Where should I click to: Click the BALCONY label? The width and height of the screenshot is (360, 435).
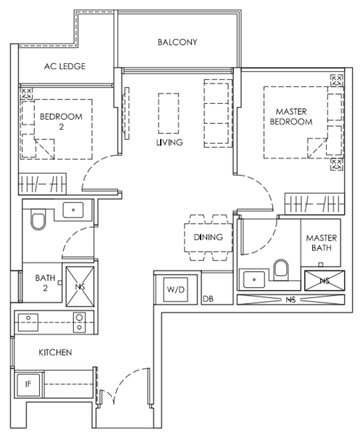click(177, 42)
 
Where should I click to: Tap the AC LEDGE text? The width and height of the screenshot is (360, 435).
click(65, 66)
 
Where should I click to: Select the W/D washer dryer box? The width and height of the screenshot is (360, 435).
click(176, 289)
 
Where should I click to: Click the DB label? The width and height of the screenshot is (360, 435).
click(208, 299)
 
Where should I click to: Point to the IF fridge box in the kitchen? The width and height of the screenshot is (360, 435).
click(28, 384)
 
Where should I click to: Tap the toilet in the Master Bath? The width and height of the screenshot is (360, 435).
click(281, 268)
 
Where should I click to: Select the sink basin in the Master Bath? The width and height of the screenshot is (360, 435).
click(254, 279)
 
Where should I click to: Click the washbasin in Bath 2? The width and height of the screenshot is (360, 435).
click(73, 210)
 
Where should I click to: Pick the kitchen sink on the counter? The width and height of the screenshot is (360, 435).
click(28, 323)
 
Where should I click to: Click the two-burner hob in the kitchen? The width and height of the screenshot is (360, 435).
click(79, 322)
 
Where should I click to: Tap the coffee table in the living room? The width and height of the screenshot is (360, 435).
click(169, 114)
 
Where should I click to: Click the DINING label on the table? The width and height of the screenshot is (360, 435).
click(208, 237)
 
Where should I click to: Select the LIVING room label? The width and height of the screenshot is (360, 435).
click(169, 142)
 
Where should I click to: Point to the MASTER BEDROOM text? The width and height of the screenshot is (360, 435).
click(291, 117)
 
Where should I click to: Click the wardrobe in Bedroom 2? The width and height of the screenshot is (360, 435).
click(43, 184)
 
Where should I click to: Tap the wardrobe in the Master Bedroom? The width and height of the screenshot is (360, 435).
click(314, 204)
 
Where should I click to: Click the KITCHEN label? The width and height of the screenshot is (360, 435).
click(55, 352)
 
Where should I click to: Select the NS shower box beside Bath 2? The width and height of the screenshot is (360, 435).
click(80, 286)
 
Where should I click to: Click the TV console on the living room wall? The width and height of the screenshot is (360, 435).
click(127, 114)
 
